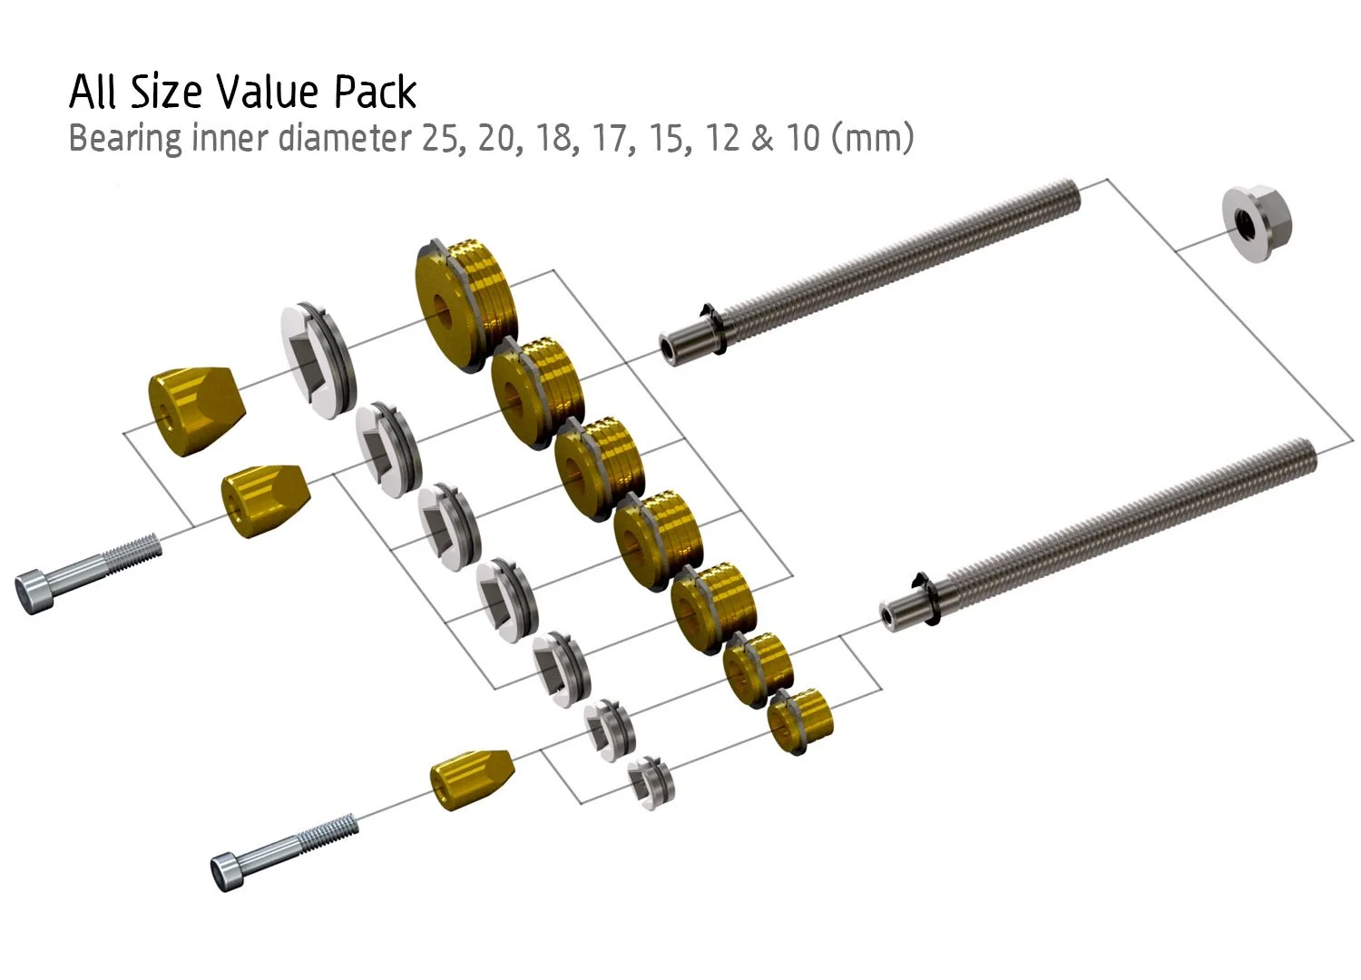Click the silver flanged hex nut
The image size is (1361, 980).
[x=1257, y=223]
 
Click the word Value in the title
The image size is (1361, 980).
[x=268, y=92]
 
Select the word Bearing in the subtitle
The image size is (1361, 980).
[x=125, y=139]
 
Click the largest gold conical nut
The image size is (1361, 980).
[x=196, y=411]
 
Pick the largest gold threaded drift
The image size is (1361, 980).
[x=466, y=305]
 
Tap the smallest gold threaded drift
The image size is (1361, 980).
[x=800, y=721]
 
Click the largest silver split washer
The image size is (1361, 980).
[x=318, y=359]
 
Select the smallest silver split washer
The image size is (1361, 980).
[x=651, y=783]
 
